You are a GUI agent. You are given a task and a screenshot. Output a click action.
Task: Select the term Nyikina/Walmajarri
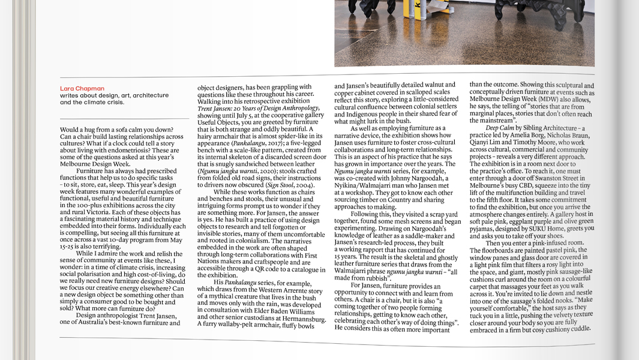pos(363,186)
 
